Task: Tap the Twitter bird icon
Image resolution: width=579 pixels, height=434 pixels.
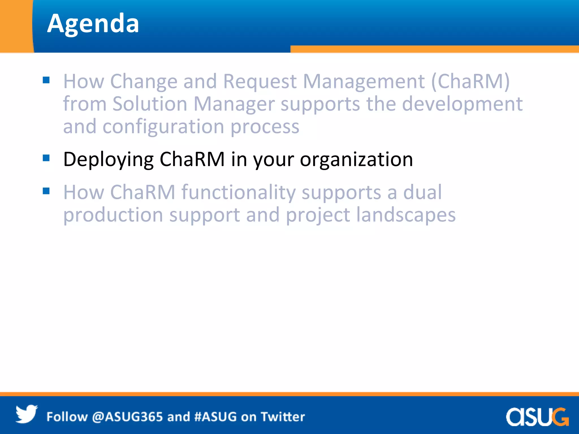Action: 26,414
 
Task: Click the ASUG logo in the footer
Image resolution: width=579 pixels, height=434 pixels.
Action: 537,416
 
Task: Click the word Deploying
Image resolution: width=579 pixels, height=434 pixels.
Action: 108,160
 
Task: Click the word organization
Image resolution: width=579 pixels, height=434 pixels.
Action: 356,160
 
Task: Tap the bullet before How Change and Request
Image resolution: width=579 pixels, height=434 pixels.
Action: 46,80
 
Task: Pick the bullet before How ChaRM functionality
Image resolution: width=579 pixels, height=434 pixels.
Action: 46,191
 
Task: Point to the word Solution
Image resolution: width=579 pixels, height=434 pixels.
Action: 150,104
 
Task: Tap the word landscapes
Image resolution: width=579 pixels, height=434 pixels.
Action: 406,215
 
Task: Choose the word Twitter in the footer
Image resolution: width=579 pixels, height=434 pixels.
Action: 283,417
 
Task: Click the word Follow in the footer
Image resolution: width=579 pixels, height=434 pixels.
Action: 67,417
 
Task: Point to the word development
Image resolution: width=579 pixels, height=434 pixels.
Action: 462,104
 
